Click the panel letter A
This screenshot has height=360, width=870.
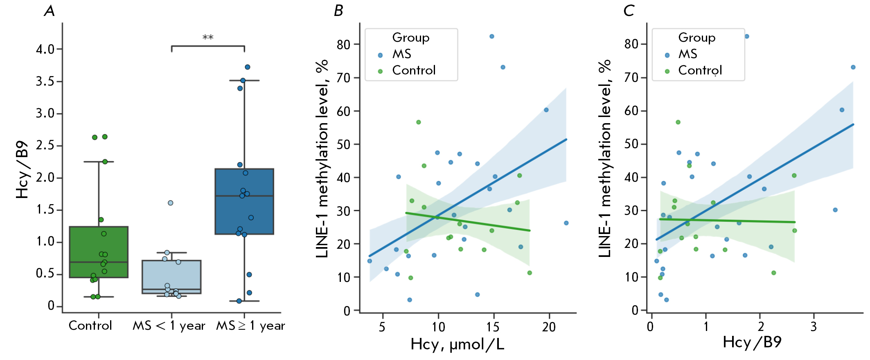click(50, 11)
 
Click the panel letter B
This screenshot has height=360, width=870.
click(338, 11)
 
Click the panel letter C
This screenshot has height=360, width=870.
click(629, 11)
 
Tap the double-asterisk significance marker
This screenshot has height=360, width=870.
click(208, 38)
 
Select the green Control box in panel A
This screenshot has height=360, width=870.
click(99, 252)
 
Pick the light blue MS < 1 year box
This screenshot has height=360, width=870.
click(171, 277)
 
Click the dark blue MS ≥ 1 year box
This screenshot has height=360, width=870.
click(244, 201)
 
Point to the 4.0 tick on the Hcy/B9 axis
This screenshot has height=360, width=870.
click(45, 49)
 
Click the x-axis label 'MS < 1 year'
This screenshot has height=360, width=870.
click(169, 326)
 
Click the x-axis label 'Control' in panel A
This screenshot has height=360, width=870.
click(90, 326)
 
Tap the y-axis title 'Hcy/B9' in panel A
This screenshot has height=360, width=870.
click(23, 170)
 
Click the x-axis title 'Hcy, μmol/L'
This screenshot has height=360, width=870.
click(457, 344)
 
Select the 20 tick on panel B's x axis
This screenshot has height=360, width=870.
click(549, 327)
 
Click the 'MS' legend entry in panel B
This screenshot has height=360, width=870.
click(401, 54)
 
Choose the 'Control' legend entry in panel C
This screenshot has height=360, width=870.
click(700, 70)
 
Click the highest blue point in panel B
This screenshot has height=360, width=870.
click(492, 36)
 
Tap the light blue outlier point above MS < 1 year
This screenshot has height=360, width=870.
click(171, 203)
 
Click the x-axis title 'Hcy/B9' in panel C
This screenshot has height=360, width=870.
click(752, 342)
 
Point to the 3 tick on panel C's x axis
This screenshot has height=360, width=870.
click(814, 326)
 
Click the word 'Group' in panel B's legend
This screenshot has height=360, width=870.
click(410, 38)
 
